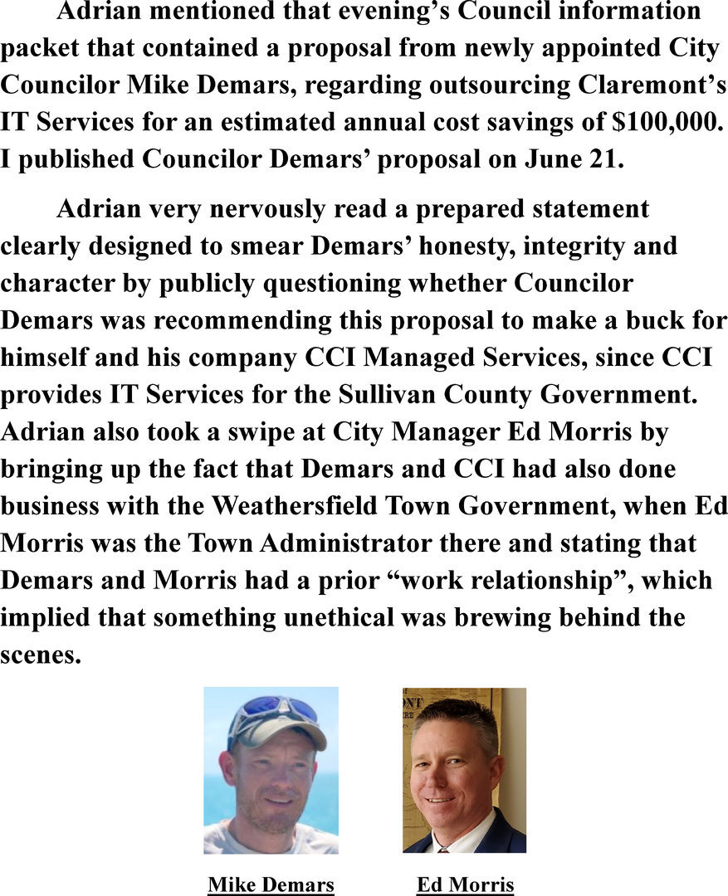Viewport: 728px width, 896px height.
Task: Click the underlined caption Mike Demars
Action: (271, 884)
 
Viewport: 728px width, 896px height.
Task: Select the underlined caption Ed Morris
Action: (465, 884)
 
